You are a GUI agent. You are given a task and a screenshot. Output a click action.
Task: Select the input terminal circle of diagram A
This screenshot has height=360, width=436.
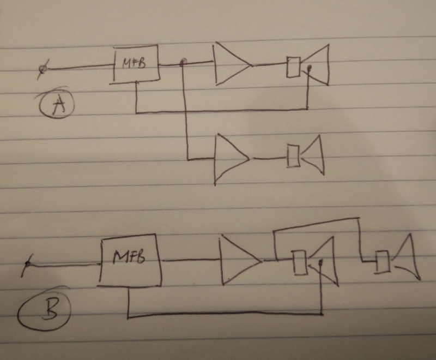coord(41,69)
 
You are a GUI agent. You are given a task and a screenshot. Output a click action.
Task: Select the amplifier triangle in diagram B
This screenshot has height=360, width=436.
coord(239,260)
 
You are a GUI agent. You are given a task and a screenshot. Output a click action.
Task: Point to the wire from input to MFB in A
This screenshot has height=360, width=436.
coord(79,68)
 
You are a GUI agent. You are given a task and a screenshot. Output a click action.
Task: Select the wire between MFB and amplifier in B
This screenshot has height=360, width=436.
coord(191,260)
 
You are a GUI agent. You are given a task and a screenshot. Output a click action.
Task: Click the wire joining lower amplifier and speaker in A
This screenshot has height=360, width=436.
coord(268,159)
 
